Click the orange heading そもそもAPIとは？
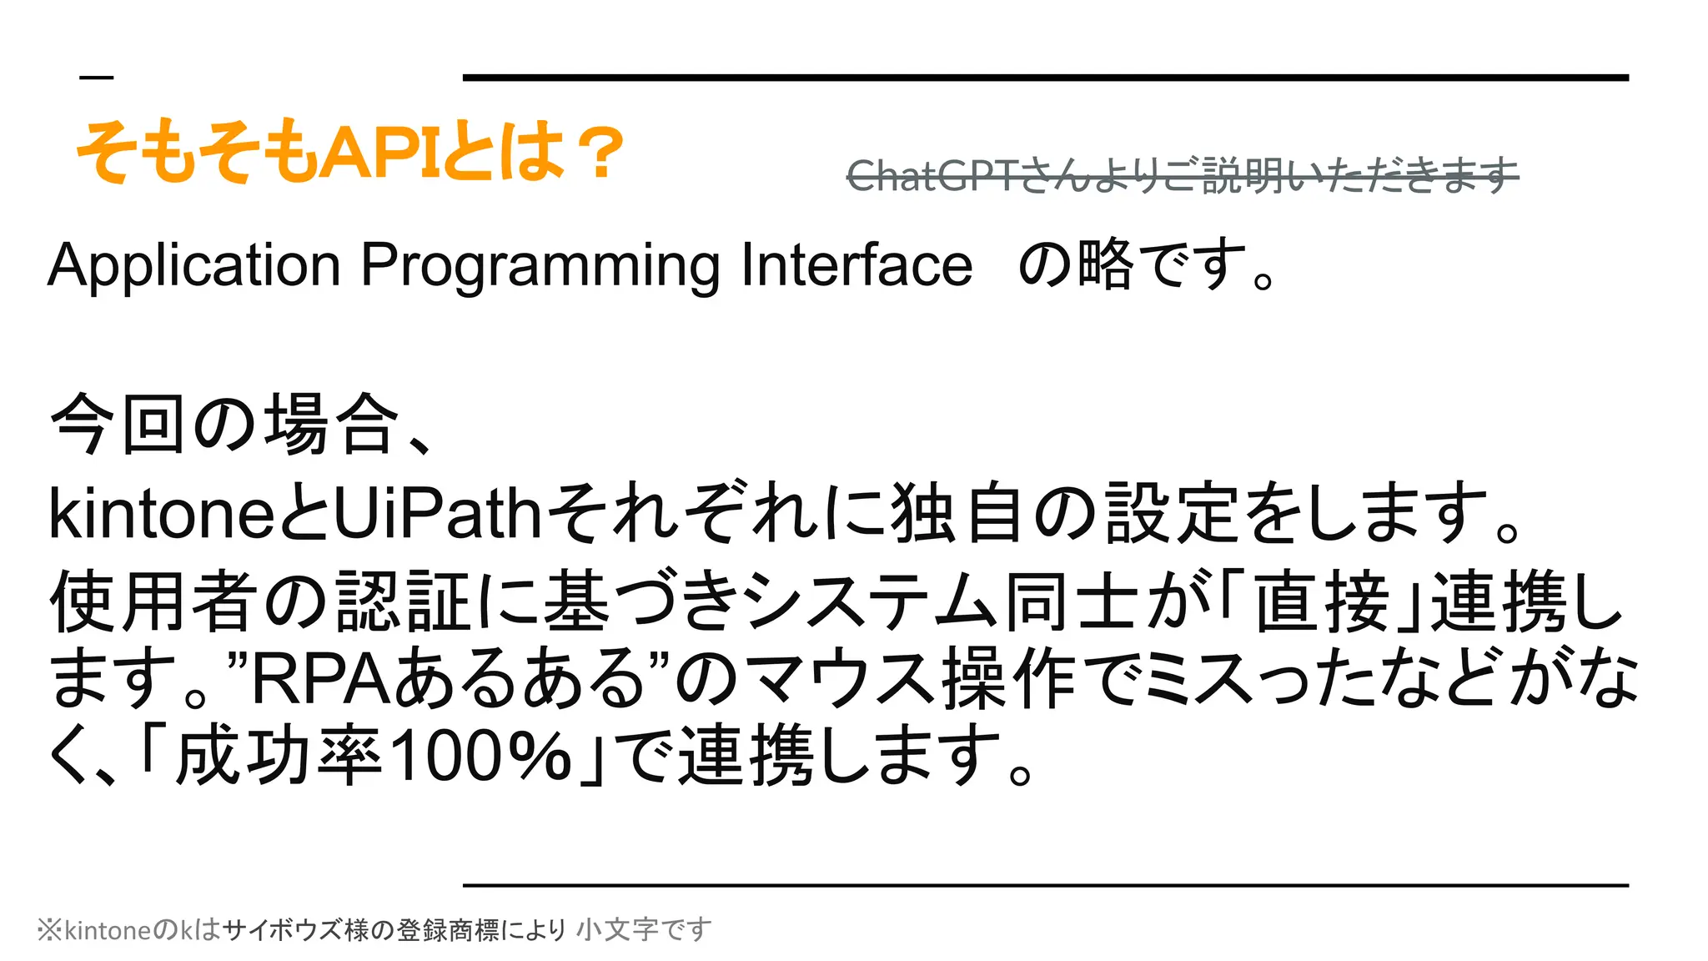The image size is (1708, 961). point(350,153)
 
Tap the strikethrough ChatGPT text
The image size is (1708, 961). point(1182,176)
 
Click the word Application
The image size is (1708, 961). point(194,265)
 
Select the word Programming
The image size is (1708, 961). point(540,265)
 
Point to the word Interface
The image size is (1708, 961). point(857,265)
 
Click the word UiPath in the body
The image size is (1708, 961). point(438,514)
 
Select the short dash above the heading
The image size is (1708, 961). point(96,78)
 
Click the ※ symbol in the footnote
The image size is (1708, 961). point(49,929)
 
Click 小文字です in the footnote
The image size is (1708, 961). point(644,929)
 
